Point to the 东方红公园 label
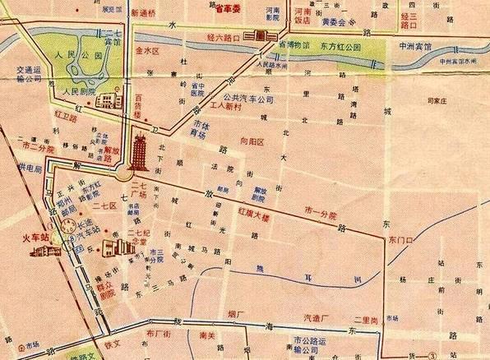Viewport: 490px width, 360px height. [x=336, y=48]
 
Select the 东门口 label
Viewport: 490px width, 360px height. [x=401, y=239]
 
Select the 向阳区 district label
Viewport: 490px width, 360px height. [x=253, y=142]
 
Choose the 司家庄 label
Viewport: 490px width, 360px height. [x=431, y=101]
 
